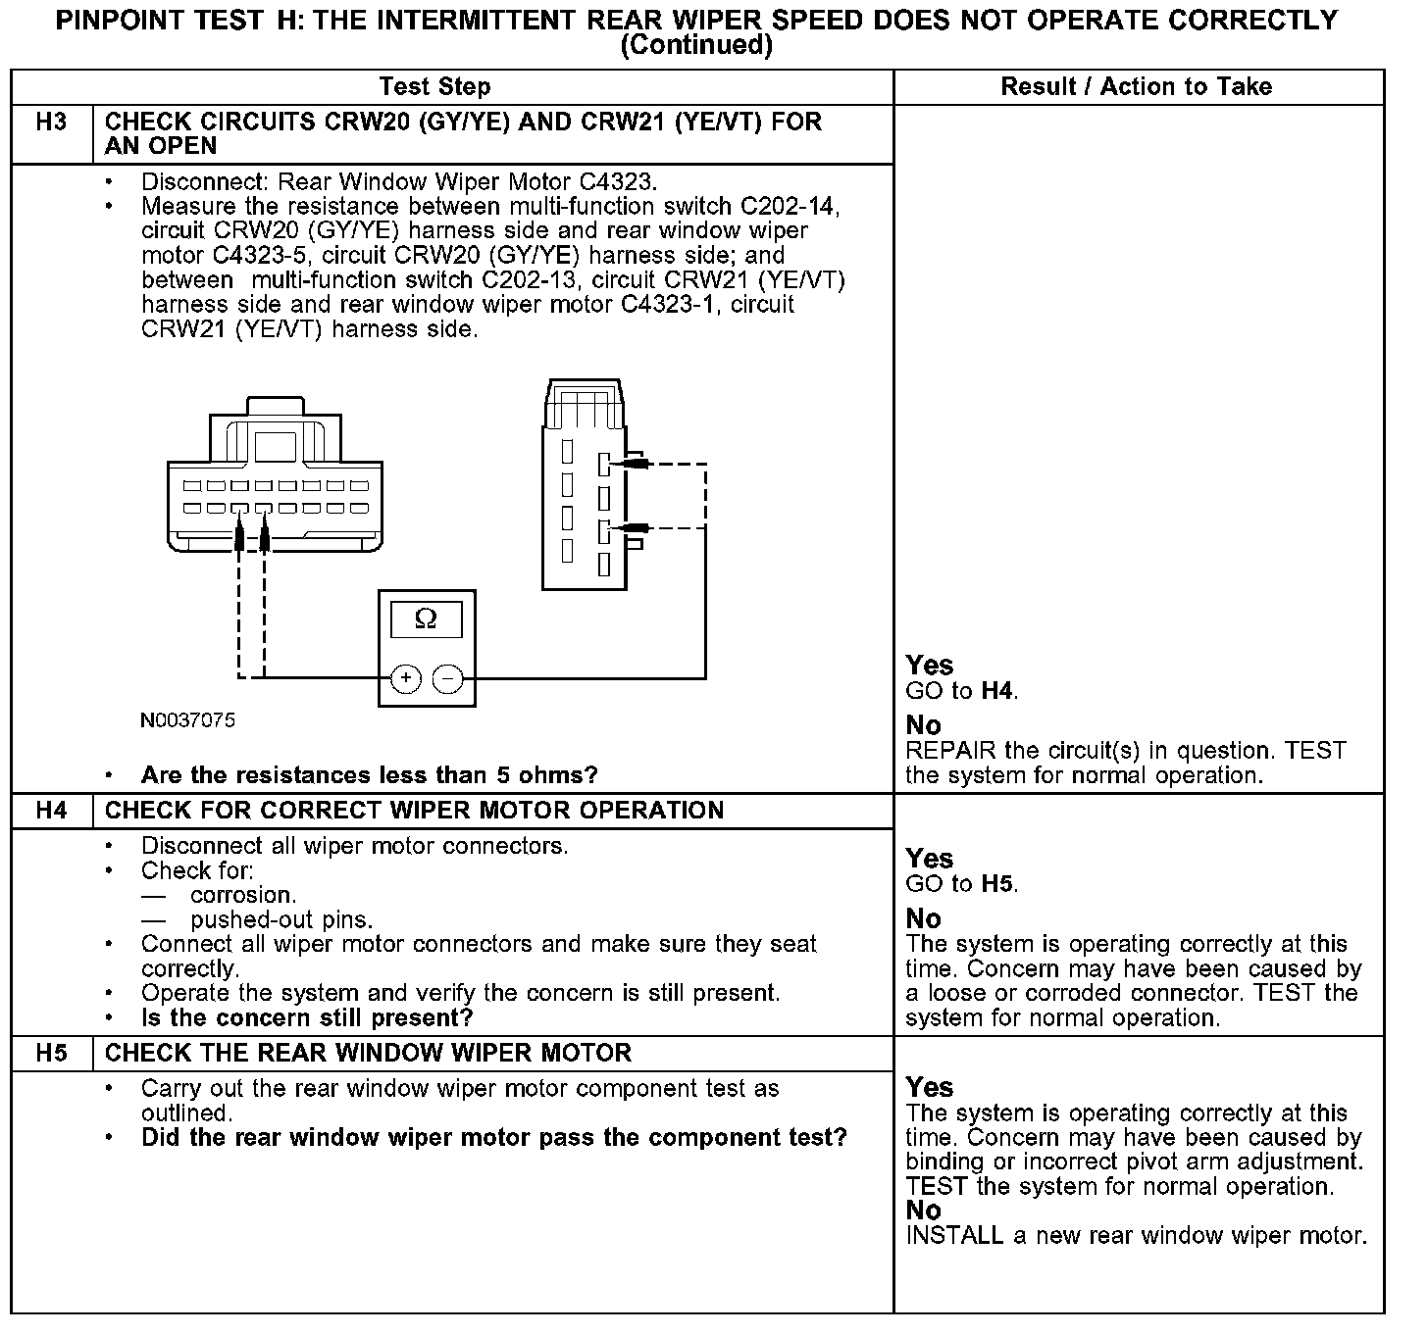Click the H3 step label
pyautogui.click(x=51, y=123)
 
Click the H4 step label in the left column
pyautogui.click(x=51, y=811)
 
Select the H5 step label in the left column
pyautogui.click(x=51, y=1054)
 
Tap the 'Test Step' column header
pyautogui.click(x=434, y=87)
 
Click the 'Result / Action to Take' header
pyautogui.click(x=1136, y=87)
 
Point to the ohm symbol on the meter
pyautogui.click(x=426, y=619)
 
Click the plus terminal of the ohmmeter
pyautogui.click(x=405, y=678)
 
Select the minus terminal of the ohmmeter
pyautogui.click(x=448, y=678)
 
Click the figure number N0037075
pyautogui.click(x=187, y=720)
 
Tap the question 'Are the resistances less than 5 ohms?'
pyautogui.click(x=369, y=775)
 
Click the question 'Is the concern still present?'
pyautogui.click(x=307, y=1017)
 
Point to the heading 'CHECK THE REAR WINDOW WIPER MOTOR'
pyautogui.click(x=368, y=1054)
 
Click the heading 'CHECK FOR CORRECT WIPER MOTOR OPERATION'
pyautogui.click(x=414, y=811)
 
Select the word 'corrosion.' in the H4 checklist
pyautogui.click(x=243, y=895)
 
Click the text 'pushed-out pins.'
pyautogui.click(x=281, y=920)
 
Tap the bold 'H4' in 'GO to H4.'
pyautogui.click(x=996, y=691)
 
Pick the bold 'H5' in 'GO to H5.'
pyautogui.click(x=996, y=884)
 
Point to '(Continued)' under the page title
pyautogui.click(x=696, y=45)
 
